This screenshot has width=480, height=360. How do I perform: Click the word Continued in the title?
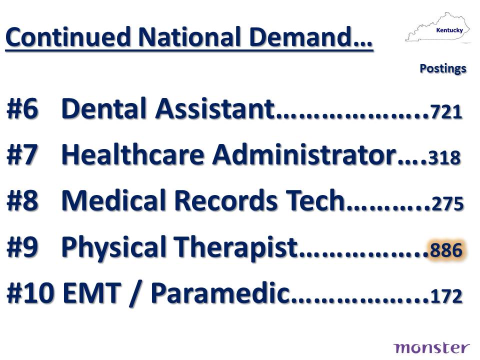tap(68, 36)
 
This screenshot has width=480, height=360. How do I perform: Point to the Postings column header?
tap(443, 68)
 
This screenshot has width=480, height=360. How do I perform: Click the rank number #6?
tap(22, 108)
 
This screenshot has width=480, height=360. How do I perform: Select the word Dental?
tap(106, 108)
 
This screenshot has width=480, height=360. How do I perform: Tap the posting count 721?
tap(446, 111)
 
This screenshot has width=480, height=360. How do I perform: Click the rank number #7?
tap(22, 154)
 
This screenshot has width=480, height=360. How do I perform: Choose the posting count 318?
tap(444, 157)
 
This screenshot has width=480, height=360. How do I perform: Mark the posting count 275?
tap(447, 203)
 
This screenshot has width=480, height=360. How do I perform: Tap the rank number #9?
tap(22, 246)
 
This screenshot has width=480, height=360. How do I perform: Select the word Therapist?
tap(236, 246)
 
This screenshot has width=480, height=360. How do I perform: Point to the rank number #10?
tap(30, 292)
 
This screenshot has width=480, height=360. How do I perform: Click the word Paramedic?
tap(220, 292)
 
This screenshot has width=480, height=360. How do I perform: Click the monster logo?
tap(431, 348)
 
